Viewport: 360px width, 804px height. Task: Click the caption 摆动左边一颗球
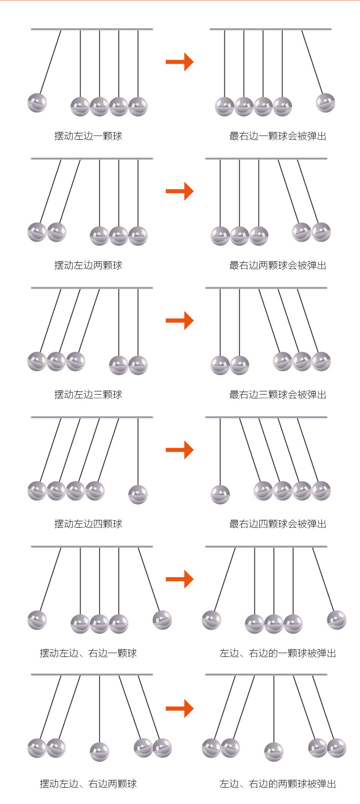(88, 136)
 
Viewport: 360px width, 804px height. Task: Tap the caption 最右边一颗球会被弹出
(278, 136)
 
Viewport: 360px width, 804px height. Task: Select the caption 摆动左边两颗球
(88, 265)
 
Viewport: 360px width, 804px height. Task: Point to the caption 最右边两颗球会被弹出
(278, 265)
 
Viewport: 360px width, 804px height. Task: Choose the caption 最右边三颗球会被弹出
(278, 394)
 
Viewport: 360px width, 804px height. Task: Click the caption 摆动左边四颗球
(88, 524)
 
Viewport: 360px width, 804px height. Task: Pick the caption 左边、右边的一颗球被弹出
(278, 653)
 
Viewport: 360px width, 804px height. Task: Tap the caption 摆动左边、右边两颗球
(88, 784)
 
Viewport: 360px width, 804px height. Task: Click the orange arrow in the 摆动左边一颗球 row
(180, 62)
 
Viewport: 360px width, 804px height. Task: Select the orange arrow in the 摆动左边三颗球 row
(180, 321)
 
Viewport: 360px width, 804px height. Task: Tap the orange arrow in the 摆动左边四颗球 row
(180, 450)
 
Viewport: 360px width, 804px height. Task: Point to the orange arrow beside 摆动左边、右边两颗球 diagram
(180, 708)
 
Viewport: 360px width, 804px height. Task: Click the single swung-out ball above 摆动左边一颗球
(37, 102)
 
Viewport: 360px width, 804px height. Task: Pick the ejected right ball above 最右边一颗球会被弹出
(325, 102)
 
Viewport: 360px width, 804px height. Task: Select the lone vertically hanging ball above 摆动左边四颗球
(138, 494)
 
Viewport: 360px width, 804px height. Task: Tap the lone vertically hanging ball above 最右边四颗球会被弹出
(220, 494)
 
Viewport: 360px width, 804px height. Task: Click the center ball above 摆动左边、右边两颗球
(99, 752)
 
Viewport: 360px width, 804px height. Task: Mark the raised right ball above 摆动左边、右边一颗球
(162, 620)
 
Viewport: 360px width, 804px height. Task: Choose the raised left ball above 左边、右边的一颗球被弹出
(212, 620)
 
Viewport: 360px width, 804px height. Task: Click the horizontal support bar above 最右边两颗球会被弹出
(266, 159)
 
